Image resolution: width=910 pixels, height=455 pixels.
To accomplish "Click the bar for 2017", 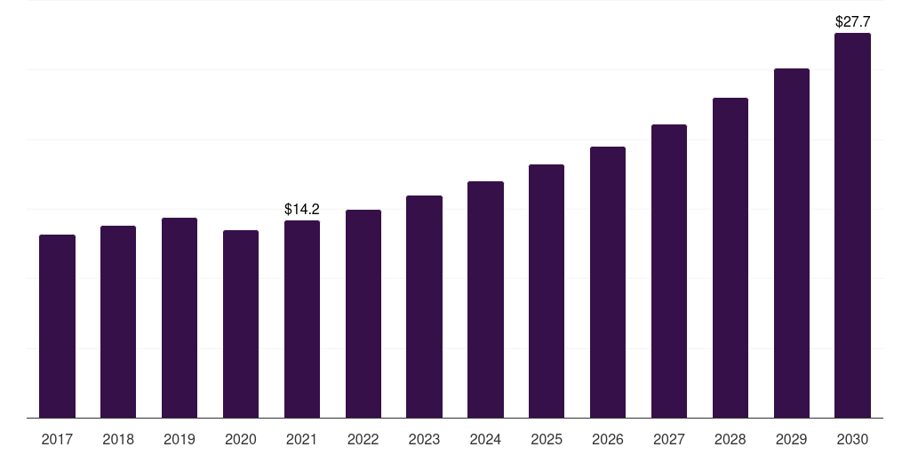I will coord(57,326).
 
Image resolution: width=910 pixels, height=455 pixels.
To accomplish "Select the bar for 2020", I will coord(241,323).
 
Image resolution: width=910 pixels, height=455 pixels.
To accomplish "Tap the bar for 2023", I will coord(424,307).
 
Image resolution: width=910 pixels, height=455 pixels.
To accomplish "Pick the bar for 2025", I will coord(547,291).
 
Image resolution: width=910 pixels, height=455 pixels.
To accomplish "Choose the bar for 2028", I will coord(730,258).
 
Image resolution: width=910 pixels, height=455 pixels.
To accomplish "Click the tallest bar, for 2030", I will coord(852,226).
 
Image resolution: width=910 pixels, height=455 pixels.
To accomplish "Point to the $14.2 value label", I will coord(302,210).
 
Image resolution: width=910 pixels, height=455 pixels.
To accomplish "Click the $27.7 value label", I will coord(852,20).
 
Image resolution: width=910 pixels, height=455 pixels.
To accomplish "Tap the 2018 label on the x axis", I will coord(118,439).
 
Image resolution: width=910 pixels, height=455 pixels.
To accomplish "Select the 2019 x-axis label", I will coord(180,439).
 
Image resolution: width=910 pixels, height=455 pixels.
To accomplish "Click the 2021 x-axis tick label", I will coord(302,439).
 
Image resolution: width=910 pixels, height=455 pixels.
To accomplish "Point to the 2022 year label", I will coord(363,439).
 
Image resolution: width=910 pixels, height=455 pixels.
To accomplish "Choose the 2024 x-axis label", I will coord(485,439).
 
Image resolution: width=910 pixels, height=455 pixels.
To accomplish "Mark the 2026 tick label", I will coord(608,439).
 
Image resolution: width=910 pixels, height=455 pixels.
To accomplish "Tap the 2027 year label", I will coord(669,439).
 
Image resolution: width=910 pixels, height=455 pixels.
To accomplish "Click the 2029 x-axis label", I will coord(792,439).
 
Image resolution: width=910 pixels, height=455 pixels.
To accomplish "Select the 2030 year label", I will coord(852,439).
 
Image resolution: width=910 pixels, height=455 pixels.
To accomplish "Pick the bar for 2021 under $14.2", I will coord(302,319).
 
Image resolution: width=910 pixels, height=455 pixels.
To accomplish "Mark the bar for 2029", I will coord(792,243).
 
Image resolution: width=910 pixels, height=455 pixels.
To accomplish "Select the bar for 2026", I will coord(608,282).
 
